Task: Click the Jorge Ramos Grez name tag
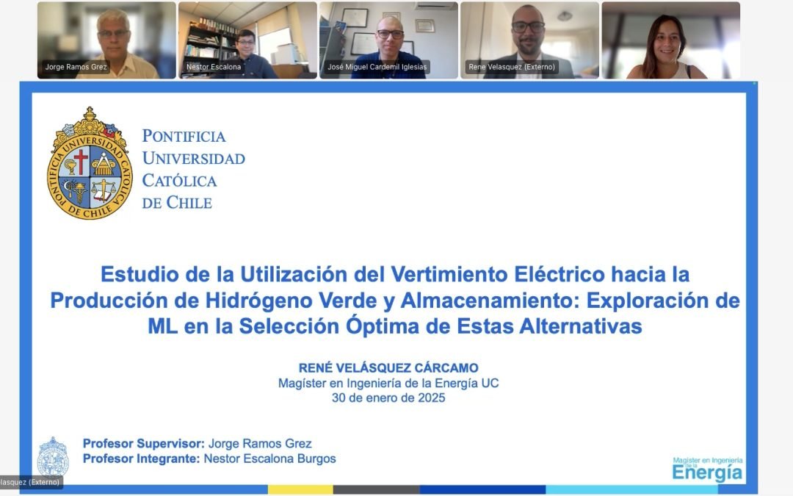76,67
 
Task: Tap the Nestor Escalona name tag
203,67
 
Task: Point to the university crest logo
90,164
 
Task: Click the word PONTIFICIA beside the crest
184,136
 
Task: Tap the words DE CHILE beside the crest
177,203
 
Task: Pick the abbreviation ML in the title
162,326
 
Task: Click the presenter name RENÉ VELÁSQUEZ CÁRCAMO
388,368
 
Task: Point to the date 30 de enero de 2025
388,398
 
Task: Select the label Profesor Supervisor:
143,443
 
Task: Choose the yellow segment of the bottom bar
300,489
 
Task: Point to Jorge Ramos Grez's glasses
112,34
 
